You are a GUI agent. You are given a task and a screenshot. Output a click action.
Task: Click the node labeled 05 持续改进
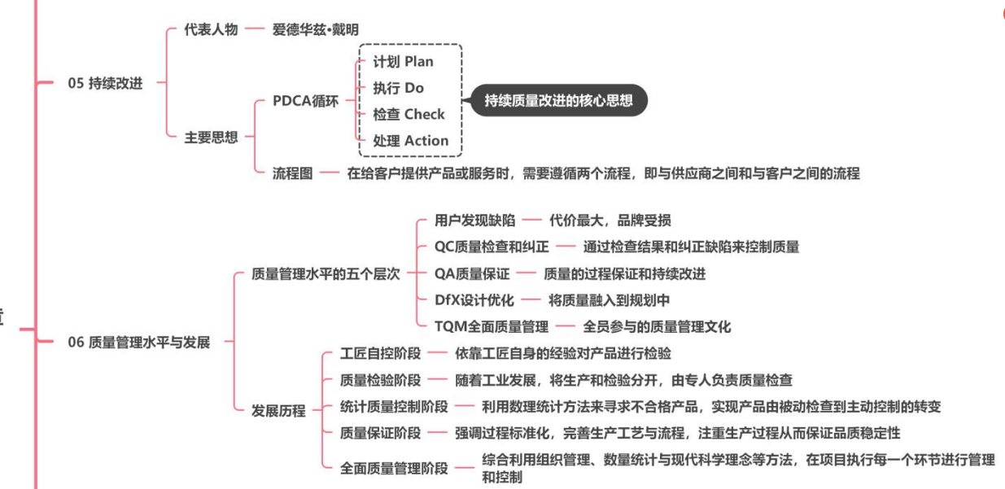tap(105, 83)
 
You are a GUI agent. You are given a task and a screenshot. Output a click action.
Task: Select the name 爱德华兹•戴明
tap(316, 29)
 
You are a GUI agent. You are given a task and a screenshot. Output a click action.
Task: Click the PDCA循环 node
tap(306, 102)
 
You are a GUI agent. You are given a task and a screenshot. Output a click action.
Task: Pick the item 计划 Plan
tap(403, 62)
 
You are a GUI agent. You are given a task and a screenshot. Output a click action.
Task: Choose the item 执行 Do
tap(398, 88)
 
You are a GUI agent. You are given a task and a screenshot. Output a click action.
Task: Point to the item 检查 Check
tap(409, 114)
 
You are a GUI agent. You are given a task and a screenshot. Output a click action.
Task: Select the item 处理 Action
tap(410, 141)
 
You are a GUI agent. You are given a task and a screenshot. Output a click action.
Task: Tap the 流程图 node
tap(293, 172)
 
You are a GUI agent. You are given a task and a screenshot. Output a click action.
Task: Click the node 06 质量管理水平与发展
tap(139, 343)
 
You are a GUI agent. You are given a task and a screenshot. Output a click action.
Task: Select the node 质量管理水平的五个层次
tap(326, 274)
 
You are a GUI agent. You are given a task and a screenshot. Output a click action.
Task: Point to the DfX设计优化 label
tap(474, 300)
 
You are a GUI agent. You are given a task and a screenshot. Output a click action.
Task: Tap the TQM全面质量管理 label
tap(492, 327)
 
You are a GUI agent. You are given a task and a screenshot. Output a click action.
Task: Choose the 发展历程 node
tap(279, 411)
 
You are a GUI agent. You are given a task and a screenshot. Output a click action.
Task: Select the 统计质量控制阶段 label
tap(394, 406)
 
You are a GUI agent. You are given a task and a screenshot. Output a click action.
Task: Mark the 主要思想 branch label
tap(210, 137)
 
